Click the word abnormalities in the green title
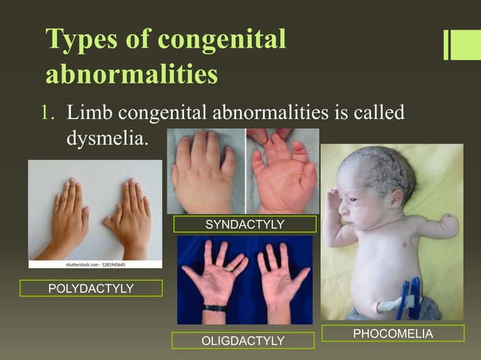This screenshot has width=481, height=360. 132,75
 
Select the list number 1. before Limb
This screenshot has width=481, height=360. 48,113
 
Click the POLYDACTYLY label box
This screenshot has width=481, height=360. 90,288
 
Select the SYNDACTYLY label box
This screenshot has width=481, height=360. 244,224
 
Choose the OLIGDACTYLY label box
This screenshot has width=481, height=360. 243,341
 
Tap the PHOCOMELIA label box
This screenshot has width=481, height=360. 392,334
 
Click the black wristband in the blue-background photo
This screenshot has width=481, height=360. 214,307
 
